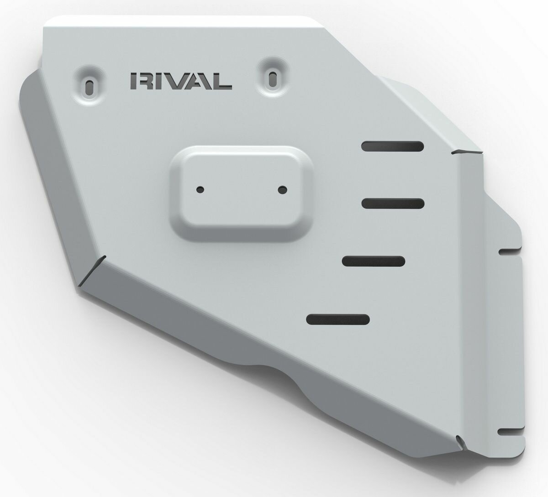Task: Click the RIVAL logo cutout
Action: pyautogui.click(x=181, y=81)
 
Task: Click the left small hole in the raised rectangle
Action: pyautogui.click(x=200, y=189)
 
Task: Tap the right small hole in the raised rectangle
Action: pyautogui.click(x=283, y=189)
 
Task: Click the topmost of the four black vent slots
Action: pyautogui.click(x=392, y=146)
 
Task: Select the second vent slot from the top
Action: pyautogui.click(x=393, y=204)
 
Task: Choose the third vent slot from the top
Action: pyautogui.click(x=374, y=262)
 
